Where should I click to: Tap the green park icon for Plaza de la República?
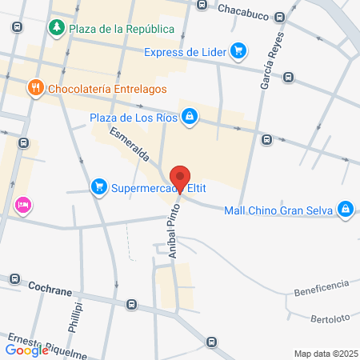[57, 29]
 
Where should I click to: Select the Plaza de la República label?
[122, 30]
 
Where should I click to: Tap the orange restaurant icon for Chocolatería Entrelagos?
[34, 88]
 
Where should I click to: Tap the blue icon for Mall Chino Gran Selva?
[345, 210]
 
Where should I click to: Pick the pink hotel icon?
[22, 206]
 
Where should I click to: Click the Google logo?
[26, 350]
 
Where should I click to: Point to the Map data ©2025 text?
[326, 354]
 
